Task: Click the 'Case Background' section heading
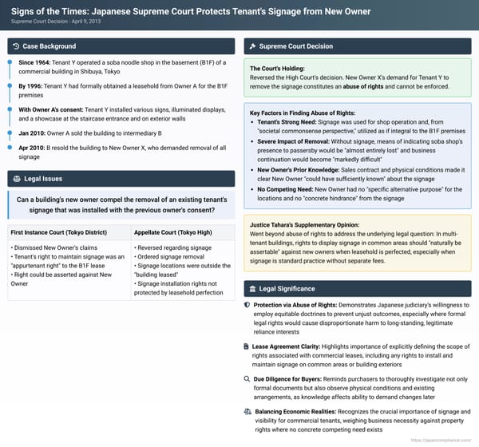(49, 46)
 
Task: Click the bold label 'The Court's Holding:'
(276, 69)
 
